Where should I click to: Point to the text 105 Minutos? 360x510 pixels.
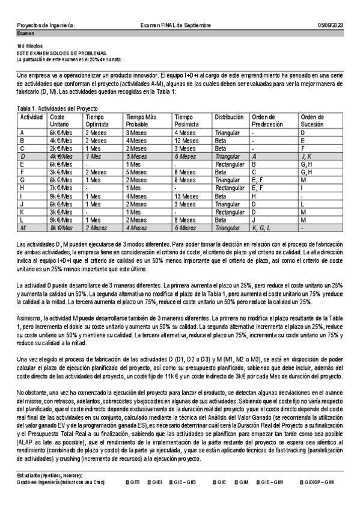[x=29, y=46]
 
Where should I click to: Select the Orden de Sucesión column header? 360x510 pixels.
[x=313, y=120]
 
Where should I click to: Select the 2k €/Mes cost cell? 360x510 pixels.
[x=60, y=148]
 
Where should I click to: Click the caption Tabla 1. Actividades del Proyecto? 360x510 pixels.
[x=57, y=108]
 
